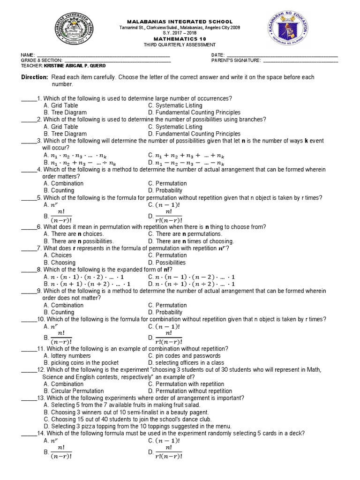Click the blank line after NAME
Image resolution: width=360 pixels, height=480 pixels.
(103, 55)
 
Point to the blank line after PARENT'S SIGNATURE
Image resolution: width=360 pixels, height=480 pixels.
(300, 60)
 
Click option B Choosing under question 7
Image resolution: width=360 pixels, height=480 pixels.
(59, 262)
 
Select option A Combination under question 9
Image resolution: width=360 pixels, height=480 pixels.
(63, 305)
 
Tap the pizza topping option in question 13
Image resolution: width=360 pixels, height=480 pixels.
(137, 426)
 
